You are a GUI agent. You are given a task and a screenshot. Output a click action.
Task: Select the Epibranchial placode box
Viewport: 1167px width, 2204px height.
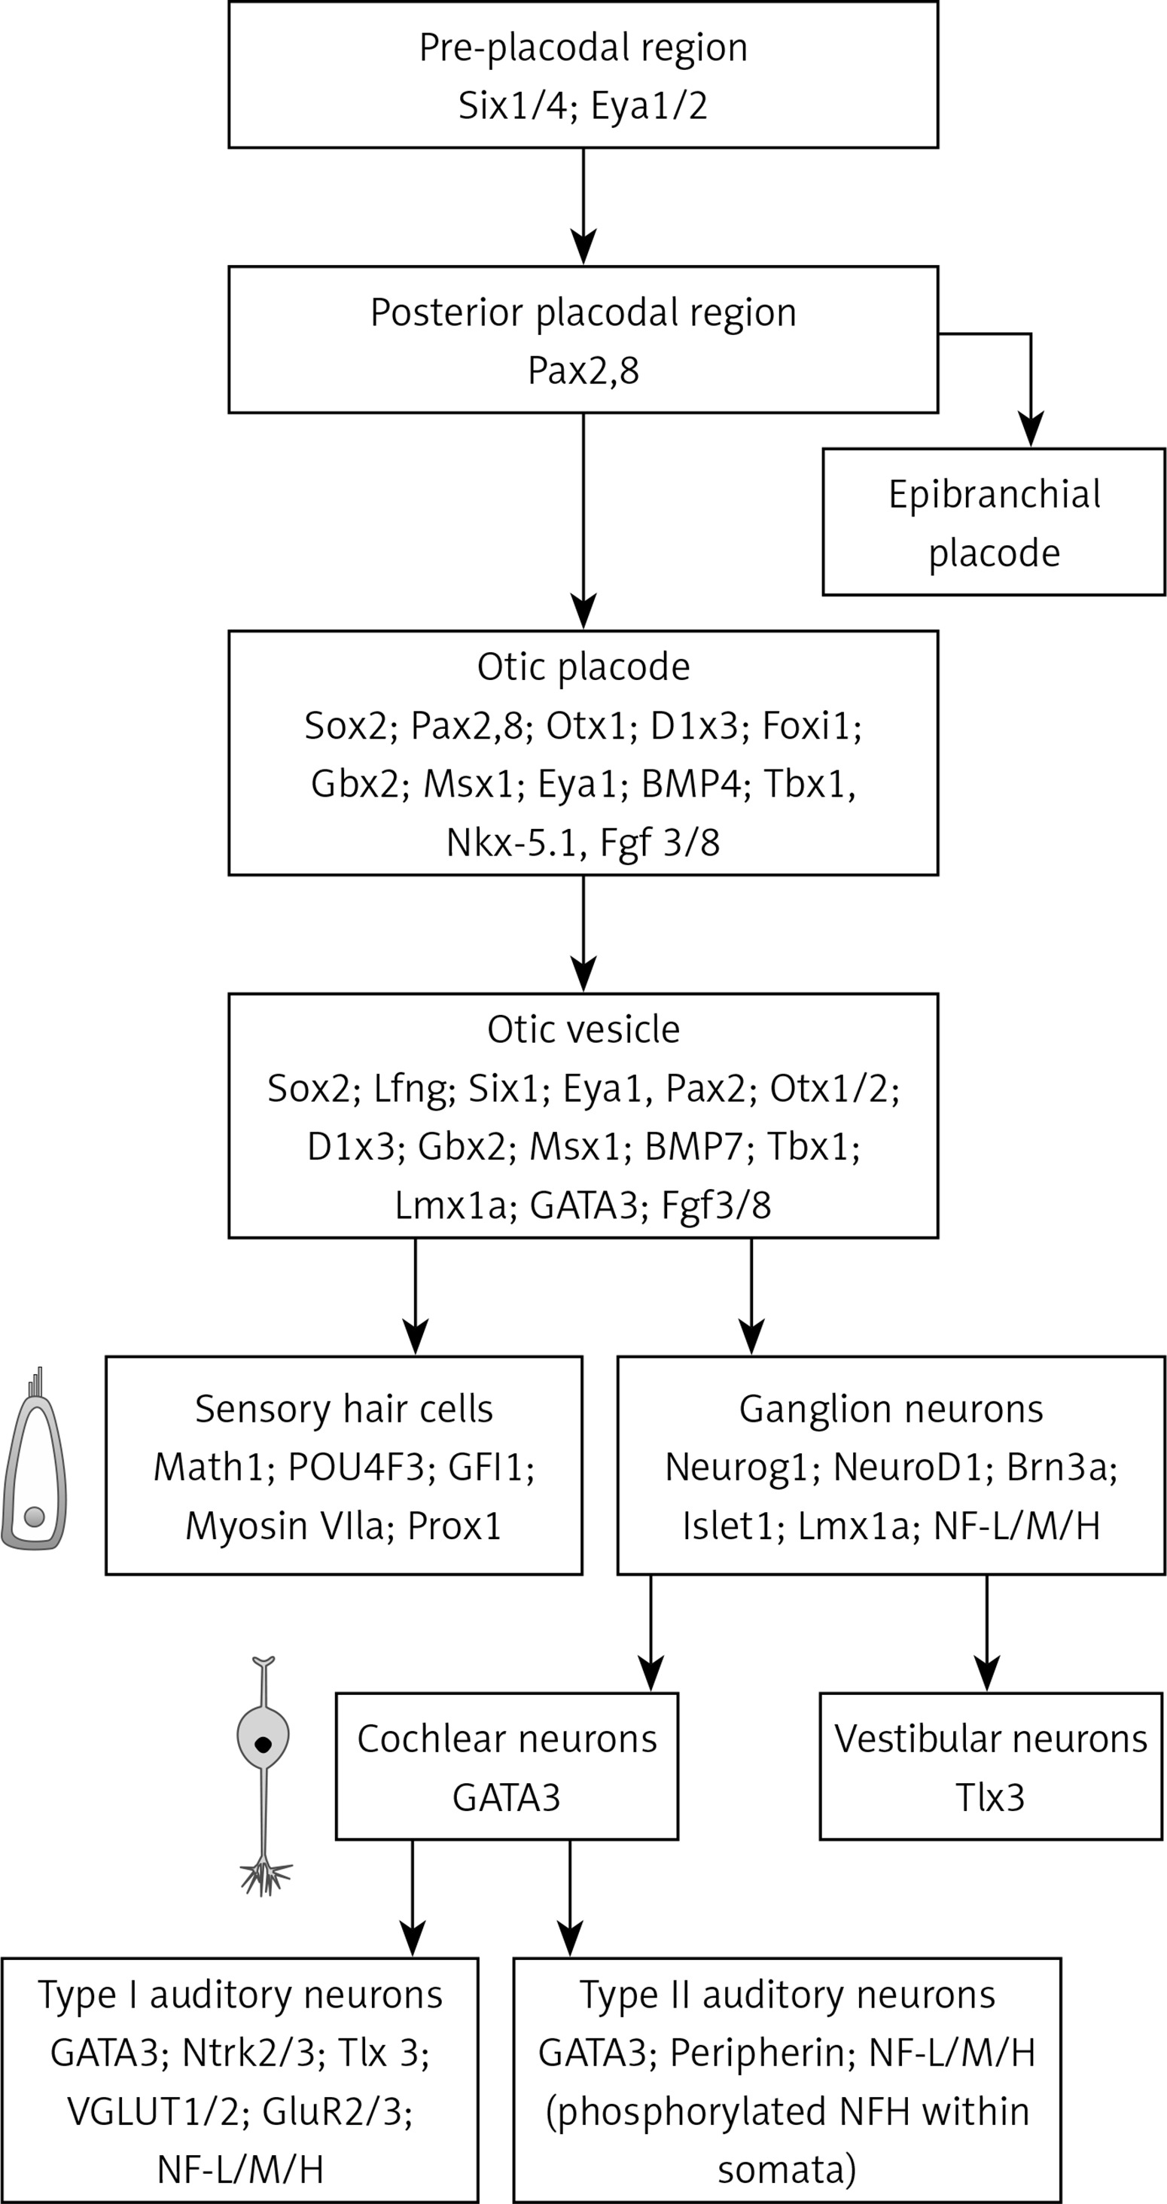[993, 523]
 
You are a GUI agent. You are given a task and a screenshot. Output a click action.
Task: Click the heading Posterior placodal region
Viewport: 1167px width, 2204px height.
[583, 313]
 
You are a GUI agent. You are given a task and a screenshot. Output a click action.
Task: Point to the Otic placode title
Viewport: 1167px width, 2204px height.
[583, 667]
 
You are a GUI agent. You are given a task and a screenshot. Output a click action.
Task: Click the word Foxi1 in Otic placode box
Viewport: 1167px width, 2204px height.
[808, 727]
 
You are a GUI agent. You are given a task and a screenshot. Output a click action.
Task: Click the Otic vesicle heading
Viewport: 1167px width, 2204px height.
[583, 1030]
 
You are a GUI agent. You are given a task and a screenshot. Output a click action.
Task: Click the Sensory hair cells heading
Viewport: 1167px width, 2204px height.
[343, 1409]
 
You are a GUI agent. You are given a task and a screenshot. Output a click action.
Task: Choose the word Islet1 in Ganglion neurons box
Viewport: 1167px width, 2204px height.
[728, 1526]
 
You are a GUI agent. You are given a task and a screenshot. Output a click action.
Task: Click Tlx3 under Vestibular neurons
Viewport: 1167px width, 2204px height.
[990, 1797]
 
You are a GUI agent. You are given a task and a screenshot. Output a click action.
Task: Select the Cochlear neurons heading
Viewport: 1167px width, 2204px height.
[507, 1739]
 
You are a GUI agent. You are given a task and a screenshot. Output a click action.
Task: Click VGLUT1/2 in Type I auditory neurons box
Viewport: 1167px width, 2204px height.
[153, 2111]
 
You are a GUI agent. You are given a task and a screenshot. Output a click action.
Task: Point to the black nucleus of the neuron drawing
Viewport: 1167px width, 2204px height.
[263, 1745]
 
